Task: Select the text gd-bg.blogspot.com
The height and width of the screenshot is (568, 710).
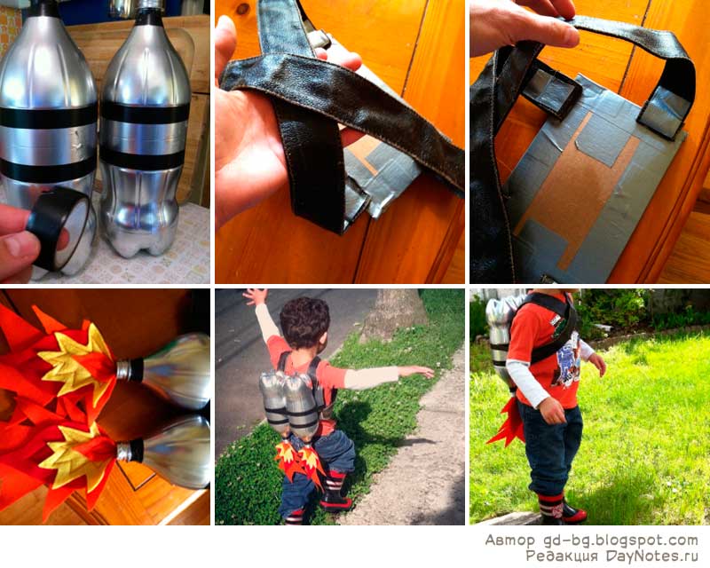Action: (619, 540)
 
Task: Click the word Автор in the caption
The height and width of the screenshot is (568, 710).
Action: (510, 540)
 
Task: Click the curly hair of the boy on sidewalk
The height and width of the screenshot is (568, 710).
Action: (304, 321)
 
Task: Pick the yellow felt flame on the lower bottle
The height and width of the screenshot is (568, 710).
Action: (75, 457)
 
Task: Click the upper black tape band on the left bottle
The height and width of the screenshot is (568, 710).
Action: (48, 116)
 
